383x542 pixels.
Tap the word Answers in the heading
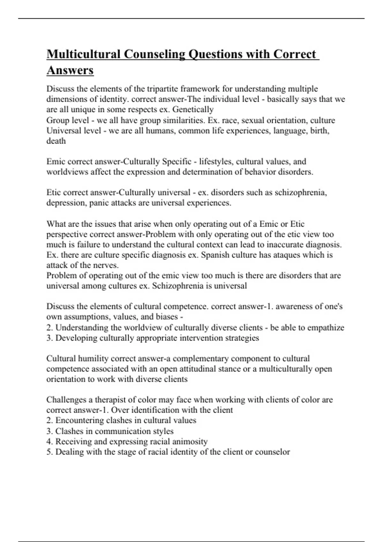[70, 70]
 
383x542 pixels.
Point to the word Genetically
[193, 110]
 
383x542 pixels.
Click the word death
[56, 141]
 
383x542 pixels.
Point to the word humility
[94, 359]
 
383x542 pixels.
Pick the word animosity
[190, 442]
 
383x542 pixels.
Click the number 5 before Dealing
[49, 452]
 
